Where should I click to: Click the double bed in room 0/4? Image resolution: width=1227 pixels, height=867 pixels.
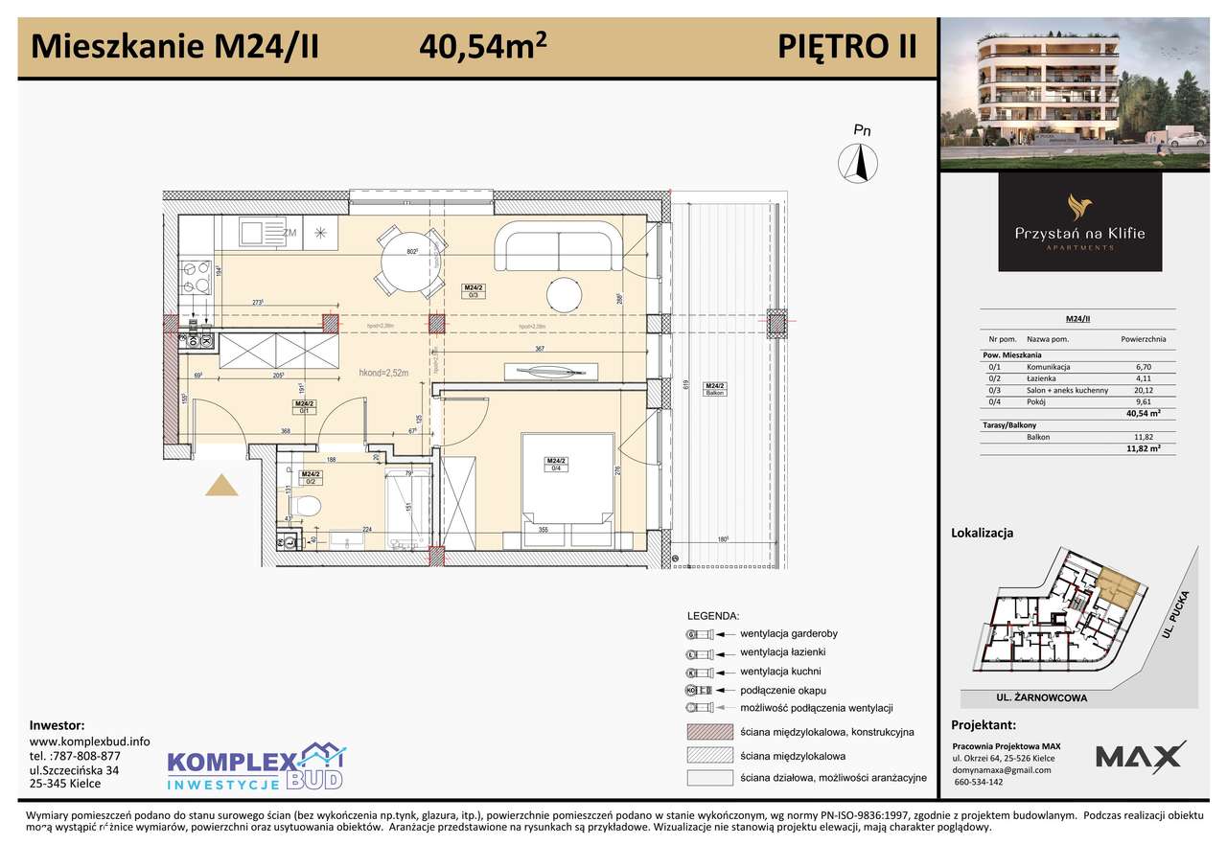[567, 479]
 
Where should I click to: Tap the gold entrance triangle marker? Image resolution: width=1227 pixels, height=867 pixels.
[222, 486]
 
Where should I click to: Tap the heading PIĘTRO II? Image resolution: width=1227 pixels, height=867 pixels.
[846, 46]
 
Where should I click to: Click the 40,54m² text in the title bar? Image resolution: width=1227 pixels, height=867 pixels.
[483, 45]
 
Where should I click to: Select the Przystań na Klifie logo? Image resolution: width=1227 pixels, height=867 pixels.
[1079, 222]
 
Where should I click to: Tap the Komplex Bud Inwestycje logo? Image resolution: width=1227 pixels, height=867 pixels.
[255, 766]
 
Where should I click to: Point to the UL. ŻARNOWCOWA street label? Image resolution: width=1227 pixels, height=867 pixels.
[1040, 698]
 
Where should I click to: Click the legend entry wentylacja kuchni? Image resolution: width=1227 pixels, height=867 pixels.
[779, 672]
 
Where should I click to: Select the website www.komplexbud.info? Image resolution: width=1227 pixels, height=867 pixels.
[90, 741]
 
